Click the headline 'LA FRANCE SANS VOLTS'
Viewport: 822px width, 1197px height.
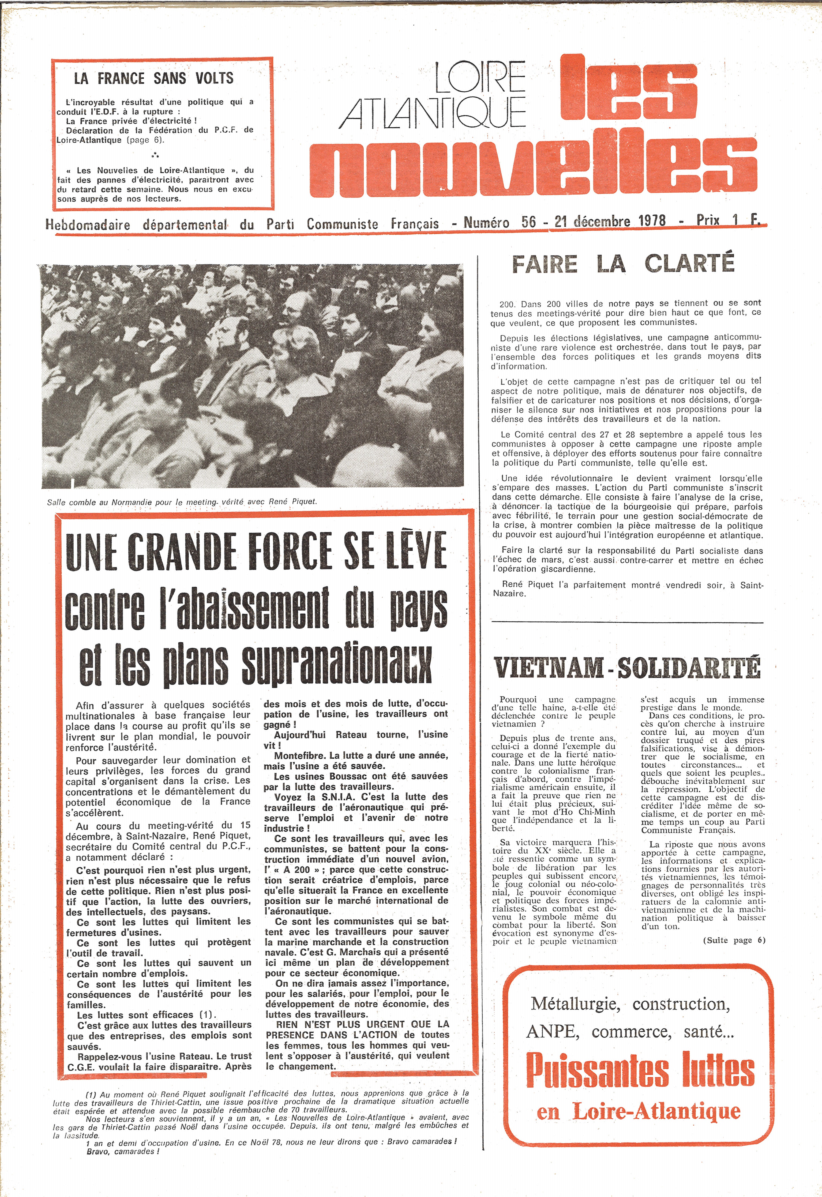154,78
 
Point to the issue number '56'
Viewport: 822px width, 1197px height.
528,222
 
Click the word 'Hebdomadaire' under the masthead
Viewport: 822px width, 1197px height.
88,225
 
